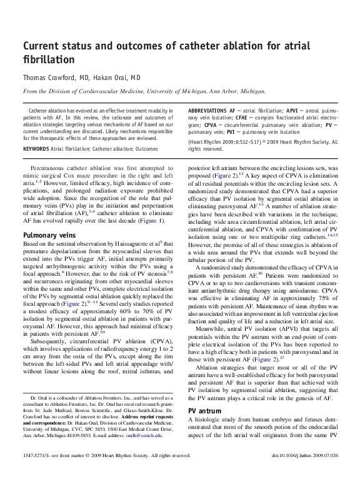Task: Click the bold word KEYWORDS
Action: [x=37, y=149]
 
